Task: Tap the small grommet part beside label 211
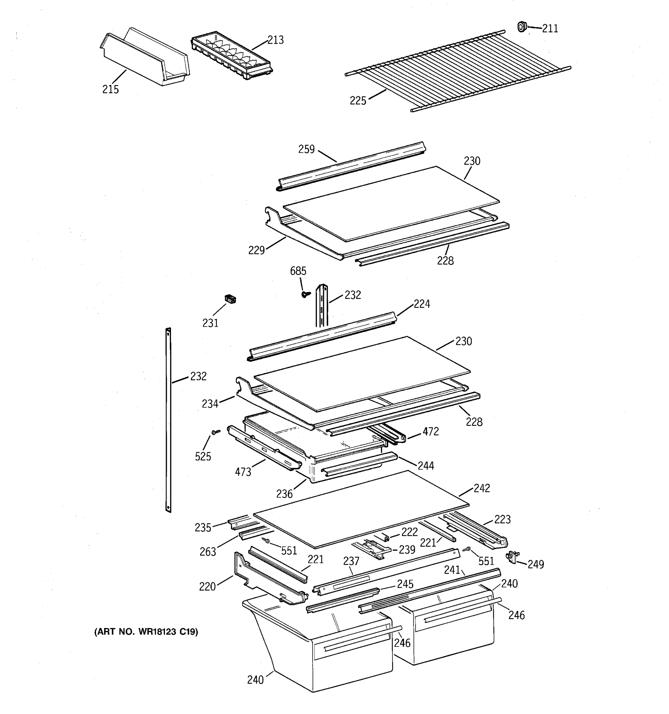tap(522, 26)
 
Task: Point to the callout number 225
tap(358, 101)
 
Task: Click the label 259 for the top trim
tap(307, 149)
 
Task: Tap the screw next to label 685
tap(305, 294)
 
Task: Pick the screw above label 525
tap(215, 432)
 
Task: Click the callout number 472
tap(430, 431)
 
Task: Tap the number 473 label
tap(243, 472)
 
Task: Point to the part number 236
tap(284, 494)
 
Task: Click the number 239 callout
tap(407, 549)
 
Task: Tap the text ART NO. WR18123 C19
tap(146, 632)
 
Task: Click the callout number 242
tap(482, 488)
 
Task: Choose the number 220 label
tap(208, 586)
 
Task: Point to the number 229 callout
tap(256, 250)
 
